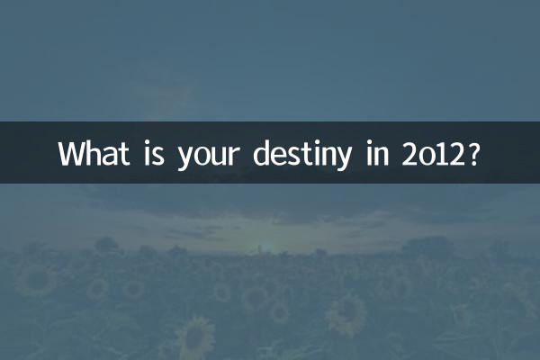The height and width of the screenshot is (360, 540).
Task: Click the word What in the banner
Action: [94, 152]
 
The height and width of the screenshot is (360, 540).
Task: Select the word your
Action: [208, 154]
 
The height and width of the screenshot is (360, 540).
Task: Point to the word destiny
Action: [304, 153]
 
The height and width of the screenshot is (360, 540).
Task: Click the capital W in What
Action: [72, 152]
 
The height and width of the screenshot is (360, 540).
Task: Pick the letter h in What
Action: [94, 152]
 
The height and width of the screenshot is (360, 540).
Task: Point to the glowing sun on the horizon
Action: [265, 245]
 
